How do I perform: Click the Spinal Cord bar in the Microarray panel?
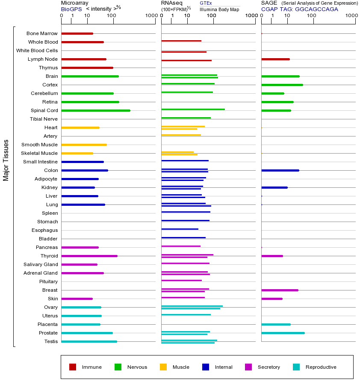tap(96, 110)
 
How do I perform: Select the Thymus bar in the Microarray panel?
tap(87, 68)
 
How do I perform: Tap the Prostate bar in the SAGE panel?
tap(283, 333)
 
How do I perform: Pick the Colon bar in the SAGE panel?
tap(280, 170)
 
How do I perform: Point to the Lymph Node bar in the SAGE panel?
tap(275, 59)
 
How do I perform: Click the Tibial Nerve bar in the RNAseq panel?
tap(186, 118)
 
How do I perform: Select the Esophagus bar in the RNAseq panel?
tap(180, 229)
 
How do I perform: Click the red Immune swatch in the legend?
tap(73, 367)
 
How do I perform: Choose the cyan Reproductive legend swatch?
tap(296, 367)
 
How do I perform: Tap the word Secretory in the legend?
tap(269, 367)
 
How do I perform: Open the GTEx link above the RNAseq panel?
tap(206, 3)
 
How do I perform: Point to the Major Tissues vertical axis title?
tap(6, 160)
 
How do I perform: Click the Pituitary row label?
tap(48, 281)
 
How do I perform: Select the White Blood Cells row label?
tap(37, 50)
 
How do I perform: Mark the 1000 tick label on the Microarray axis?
tap(151, 16)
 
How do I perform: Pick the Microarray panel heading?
tap(75, 3)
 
